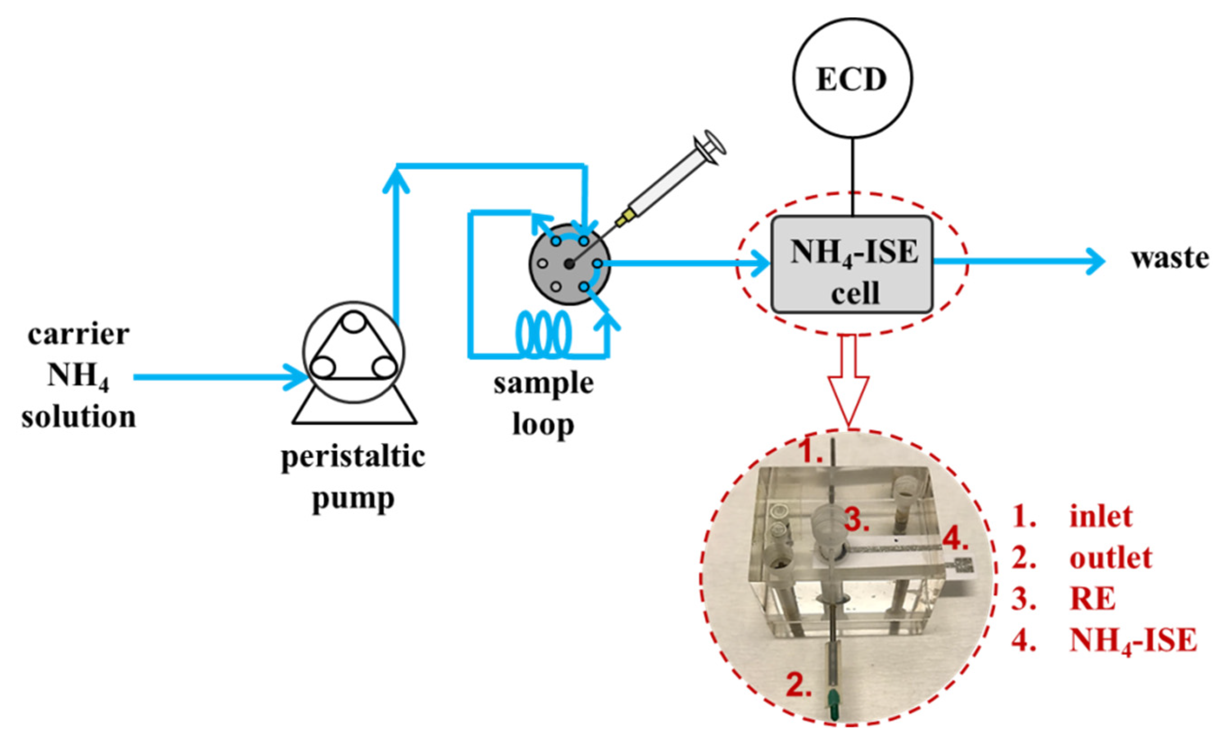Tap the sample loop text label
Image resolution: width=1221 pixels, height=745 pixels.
[x=544, y=404]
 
